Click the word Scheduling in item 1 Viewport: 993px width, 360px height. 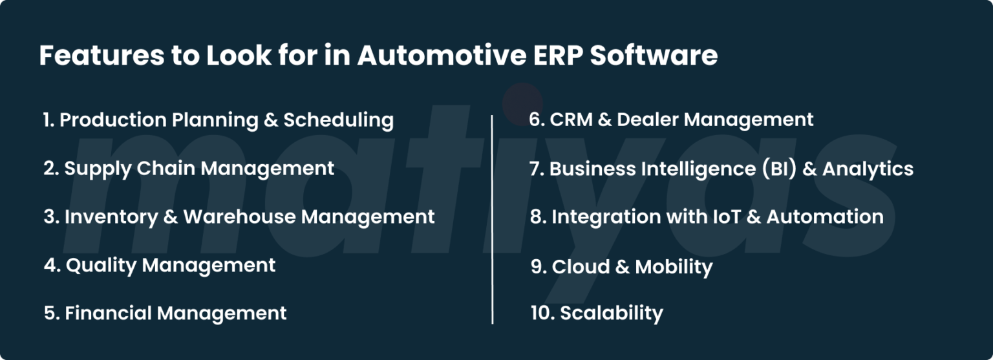(x=338, y=120)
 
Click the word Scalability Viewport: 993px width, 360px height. (x=611, y=313)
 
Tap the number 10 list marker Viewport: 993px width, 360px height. (x=541, y=313)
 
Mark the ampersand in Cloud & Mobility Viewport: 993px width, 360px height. (x=623, y=267)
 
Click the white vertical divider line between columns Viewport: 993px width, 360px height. (x=493, y=220)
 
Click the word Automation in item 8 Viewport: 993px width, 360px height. (x=825, y=217)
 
